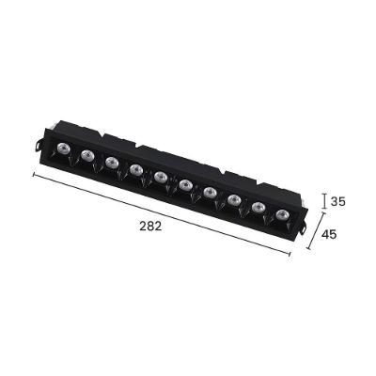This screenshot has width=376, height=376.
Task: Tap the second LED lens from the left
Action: [x=86, y=155]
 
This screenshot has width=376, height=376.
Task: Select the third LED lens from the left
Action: [x=112, y=163]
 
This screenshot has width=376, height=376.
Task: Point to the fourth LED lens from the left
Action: [x=137, y=170]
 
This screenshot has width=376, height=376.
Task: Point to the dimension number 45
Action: [x=330, y=234]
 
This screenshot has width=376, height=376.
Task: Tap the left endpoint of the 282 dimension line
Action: [x=34, y=175]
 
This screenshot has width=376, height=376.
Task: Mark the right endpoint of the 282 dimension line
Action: [x=291, y=255]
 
